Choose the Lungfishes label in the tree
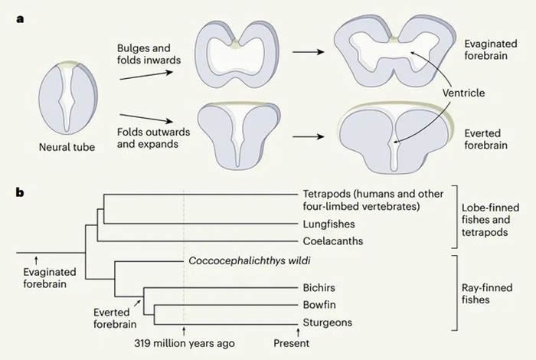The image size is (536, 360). point(323,223)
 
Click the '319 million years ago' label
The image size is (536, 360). point(184,344)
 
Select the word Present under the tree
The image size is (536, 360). point(291,344)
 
